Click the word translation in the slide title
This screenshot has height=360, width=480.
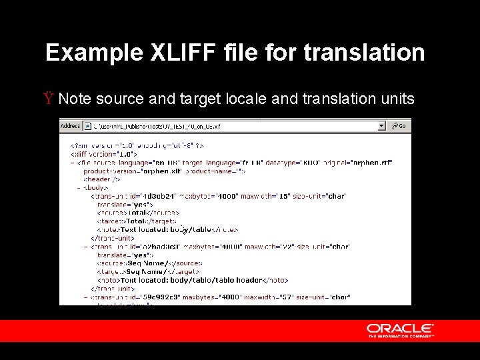point(364,53)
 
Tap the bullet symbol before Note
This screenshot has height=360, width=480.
point(49,99)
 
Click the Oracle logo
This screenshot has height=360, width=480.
point(400,330)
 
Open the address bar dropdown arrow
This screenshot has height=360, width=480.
point(381,126)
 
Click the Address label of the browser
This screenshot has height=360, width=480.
point(70,126)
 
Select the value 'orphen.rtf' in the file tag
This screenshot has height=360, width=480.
point(373,162)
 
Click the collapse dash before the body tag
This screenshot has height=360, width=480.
point(79,188)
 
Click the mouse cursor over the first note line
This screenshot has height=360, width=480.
point(184,230)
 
